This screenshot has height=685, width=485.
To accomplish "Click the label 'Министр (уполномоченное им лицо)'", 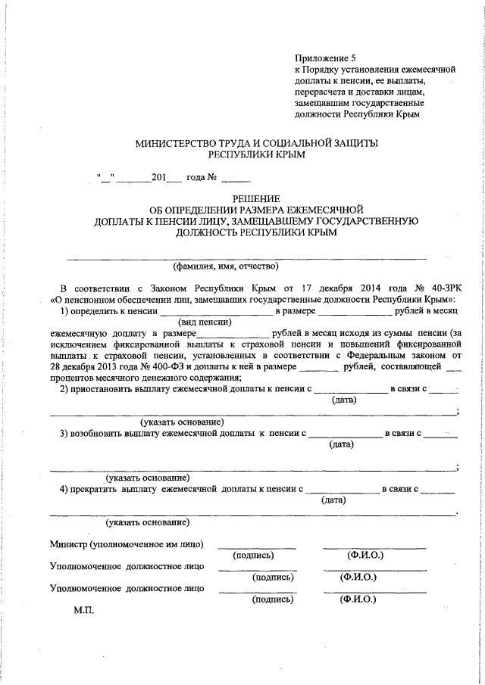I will coord(127,544).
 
